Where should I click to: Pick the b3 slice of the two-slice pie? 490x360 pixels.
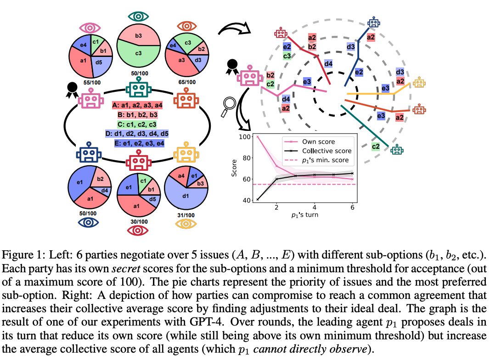[x=139, y=35]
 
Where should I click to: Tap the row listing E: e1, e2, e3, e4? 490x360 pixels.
[x=138, y=143]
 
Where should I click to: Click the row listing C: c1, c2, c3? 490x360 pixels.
[x=138, y=124]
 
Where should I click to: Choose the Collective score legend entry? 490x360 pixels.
[x=326, y=151]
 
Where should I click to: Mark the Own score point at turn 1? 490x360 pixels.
[x=258, y=137]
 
